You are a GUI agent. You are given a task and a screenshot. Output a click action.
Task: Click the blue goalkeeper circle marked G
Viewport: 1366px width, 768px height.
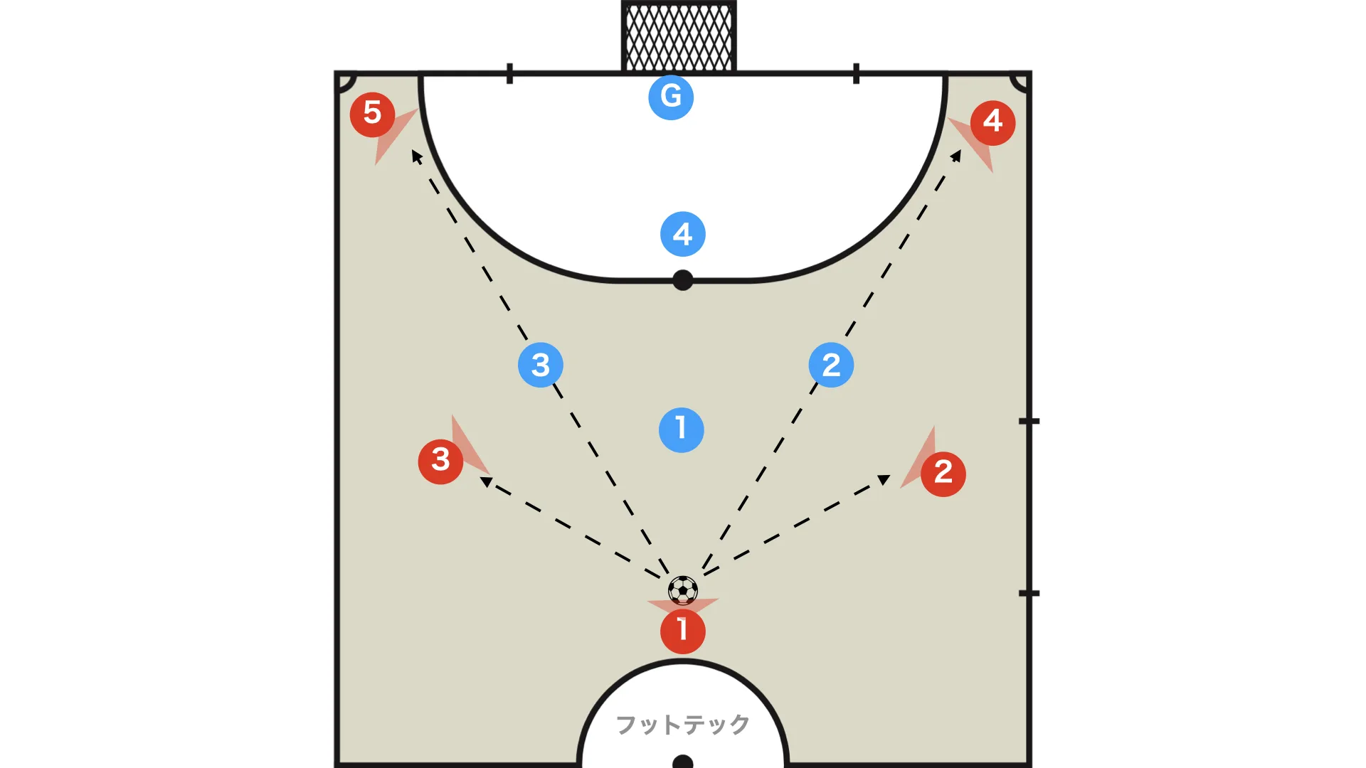[x=671, y=97]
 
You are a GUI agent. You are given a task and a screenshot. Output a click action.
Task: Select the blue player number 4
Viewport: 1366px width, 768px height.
[x=683, y=234]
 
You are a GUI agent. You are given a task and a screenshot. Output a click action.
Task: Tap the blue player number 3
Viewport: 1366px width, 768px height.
[x=541, y=365]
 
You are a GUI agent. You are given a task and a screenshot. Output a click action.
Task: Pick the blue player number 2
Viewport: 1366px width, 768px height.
[x=831, y=365]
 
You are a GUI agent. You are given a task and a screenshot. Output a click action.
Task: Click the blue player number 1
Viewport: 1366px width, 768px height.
[x=682, y=430]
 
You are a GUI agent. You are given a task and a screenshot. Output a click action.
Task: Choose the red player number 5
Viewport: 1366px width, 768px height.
[x=372, y=114]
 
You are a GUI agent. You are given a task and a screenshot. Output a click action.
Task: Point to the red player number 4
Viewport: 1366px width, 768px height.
[x=992, y=123]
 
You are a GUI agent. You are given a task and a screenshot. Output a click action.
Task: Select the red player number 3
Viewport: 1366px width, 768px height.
[x=440, y=462]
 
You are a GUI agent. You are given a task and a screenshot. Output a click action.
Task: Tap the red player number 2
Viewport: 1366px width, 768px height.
[x=943, y=474]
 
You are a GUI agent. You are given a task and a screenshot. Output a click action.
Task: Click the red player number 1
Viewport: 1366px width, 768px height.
[x=683, y=631]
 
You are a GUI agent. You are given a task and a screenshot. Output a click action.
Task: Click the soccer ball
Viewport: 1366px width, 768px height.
[x=683, y=590]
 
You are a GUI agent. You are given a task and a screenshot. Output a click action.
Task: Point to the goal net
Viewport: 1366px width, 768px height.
[x=679, y=36]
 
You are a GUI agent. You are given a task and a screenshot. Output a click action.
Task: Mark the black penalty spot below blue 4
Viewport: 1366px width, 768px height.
[x=683, y=280]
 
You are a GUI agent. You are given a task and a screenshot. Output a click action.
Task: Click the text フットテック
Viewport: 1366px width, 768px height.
[x=682, y=725]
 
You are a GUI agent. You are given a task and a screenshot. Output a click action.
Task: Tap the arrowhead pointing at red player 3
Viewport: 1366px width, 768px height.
[x=487, y=481]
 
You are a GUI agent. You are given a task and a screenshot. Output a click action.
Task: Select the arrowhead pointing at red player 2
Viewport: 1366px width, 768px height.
[x=884, y=479]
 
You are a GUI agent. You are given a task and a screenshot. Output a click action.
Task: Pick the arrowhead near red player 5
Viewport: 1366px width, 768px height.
[x=417, y=156]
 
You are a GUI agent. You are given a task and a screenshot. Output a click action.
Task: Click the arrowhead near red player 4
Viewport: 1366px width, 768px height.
[x=956, y=156]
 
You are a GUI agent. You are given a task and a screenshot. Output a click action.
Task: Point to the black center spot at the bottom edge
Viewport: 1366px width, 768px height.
[x=683, y=762]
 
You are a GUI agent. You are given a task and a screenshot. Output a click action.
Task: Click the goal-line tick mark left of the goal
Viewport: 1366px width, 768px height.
[x=509, y=73]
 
